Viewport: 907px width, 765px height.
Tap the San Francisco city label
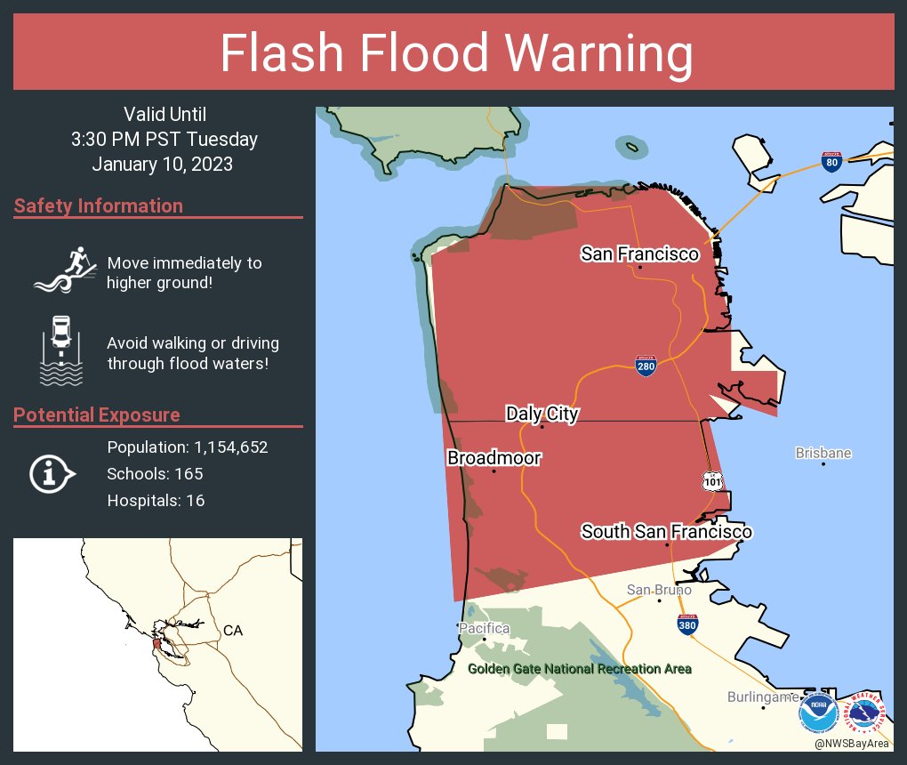coord(639,254)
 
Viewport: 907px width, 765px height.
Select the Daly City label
coord(542,414)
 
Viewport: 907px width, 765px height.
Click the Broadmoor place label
coord(494,458)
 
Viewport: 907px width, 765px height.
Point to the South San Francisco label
coord(667,532)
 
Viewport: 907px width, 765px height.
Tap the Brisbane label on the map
coord(823,453)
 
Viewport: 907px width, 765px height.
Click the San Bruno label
coord(659,590)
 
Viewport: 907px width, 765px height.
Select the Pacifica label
coord(485,628)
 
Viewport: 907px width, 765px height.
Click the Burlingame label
coord(763,697)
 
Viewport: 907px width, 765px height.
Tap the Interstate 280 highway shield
coord(646,366)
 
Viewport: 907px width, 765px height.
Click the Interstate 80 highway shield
coord(831,162)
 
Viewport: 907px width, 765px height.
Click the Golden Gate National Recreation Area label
coord(580,669)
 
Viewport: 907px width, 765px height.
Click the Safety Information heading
coord(99,206)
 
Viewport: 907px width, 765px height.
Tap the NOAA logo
coord(817,713)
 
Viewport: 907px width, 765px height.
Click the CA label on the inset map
coord(233,631)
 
